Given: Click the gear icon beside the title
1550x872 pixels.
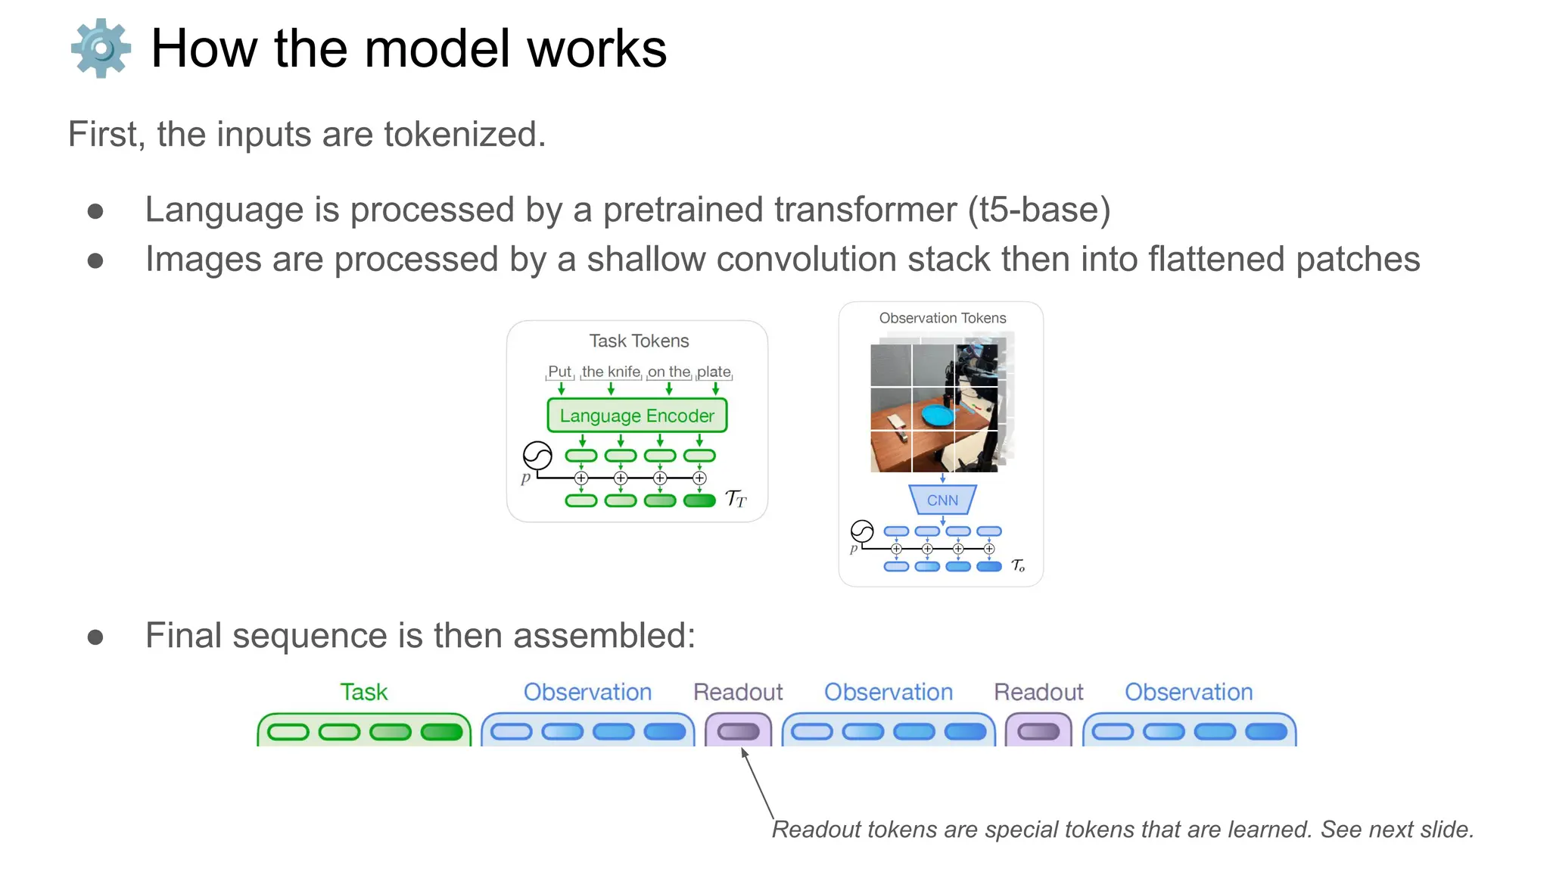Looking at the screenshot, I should [x=101, y=48].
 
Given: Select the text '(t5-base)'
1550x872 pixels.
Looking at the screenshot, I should [x=1038, y=210].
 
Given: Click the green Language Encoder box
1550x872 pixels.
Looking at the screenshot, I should [x=636, y=416].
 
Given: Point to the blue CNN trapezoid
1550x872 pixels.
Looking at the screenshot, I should [x=942, y=500].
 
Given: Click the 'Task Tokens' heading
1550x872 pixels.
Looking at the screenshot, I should [x=639, y=341].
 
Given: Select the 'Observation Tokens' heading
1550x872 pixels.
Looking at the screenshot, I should [x=942, y=318].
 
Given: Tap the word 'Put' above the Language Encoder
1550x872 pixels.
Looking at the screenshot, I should [x=559, y=372].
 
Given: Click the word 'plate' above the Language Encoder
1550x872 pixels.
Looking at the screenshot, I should [x=714, y=372].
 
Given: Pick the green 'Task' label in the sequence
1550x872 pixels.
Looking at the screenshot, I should [x=363, y=692].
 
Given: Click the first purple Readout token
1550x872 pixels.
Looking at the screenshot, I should [x=738, y=732].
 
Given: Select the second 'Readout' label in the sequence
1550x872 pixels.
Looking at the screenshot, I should [x=1038, y=692].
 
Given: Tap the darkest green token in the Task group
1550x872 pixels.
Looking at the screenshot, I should [x=441, y=733].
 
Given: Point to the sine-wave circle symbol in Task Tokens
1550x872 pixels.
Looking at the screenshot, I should [x=537, y=456].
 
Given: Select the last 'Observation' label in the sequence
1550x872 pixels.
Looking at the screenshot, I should [x=1188, y=692].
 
